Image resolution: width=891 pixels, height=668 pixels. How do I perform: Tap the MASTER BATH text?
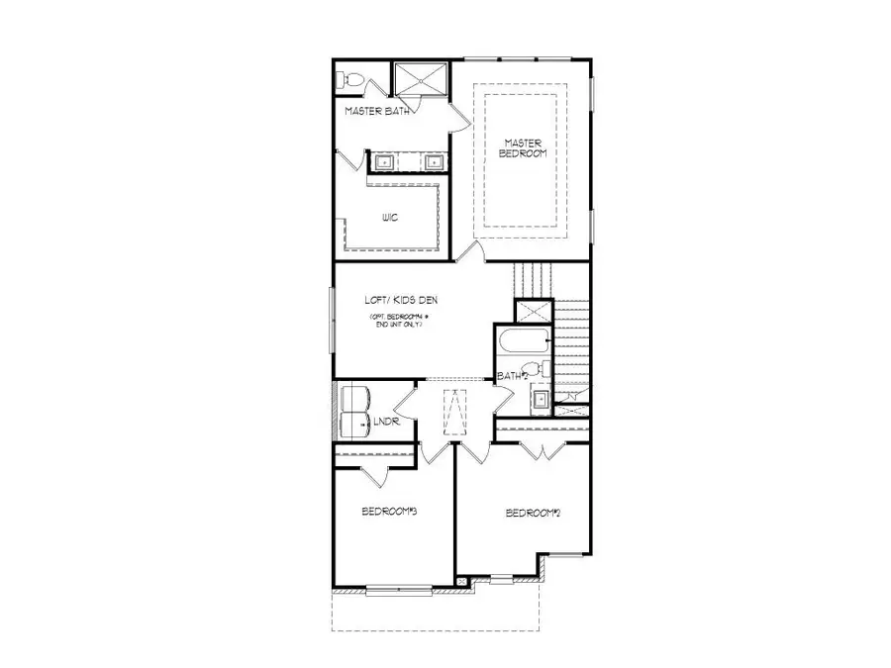376,113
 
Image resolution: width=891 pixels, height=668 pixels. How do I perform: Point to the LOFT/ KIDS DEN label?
402,299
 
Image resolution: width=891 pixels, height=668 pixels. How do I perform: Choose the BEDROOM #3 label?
387,512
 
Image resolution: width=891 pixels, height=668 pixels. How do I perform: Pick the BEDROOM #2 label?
534,513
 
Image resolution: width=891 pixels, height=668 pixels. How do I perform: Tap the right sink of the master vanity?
434,162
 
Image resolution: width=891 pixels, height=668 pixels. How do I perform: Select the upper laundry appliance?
354,398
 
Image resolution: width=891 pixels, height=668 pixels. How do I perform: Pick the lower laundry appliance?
354,426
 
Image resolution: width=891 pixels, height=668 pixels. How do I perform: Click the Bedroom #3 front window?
394,592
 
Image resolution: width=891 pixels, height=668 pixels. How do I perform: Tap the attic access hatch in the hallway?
456,412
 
